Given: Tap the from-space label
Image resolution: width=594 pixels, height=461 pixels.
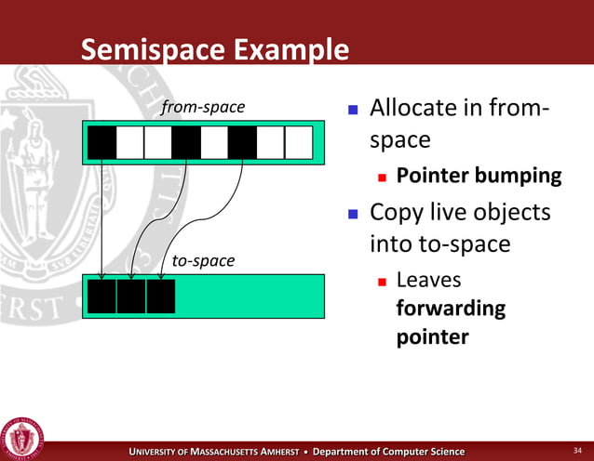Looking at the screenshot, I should (203, 108).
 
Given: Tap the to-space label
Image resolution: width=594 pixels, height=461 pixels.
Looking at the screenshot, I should (203, 261).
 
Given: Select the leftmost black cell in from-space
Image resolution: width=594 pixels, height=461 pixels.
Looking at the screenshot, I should (102, 142).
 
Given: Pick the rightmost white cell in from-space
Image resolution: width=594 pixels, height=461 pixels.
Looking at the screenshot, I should (298, 142).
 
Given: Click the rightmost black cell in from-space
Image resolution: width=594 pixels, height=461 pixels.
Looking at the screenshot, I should (242, 142).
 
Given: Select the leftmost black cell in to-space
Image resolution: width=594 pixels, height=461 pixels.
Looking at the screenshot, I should (102, 296).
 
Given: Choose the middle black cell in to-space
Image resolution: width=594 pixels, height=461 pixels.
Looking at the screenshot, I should (131, 296).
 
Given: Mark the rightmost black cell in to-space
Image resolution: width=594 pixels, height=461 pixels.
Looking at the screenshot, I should (160, 296).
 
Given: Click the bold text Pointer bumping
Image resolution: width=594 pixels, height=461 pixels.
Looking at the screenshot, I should (479, 176).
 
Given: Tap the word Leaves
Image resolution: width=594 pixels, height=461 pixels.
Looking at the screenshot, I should (428, 280).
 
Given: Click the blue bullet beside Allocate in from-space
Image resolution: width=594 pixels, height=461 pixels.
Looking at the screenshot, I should (353, 111).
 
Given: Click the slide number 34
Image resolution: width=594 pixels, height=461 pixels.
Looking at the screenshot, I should (576, 452).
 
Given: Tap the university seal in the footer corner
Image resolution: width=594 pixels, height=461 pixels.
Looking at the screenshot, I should (23, 436).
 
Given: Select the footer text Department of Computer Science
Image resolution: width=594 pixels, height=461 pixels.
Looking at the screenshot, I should (388, 452).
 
